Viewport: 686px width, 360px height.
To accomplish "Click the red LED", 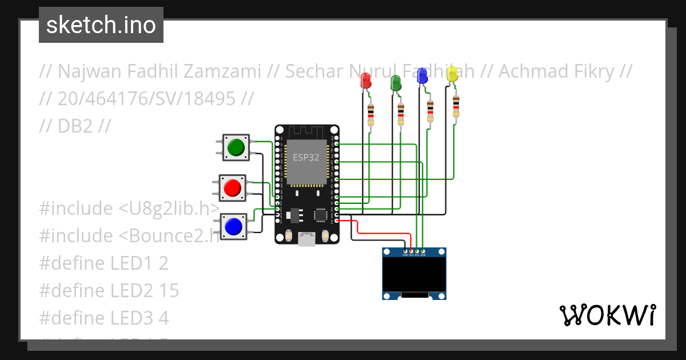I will pos(365,81).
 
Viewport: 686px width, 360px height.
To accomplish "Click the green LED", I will pos(395,83).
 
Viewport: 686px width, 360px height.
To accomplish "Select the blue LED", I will pos(422,75).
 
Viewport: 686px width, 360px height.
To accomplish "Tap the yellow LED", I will pos(452,73).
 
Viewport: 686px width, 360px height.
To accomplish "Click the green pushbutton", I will pos(236,147).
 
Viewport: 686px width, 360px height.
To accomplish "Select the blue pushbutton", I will pos(233,227).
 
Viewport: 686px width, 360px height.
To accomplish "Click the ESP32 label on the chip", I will pos(306,158).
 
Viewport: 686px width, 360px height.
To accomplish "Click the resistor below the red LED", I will pos(371,114).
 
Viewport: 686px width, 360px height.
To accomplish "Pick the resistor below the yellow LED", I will pos(456,107).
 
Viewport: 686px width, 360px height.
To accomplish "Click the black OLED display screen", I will pos(414,273).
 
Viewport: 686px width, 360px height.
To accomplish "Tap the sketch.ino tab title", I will pos(101,25).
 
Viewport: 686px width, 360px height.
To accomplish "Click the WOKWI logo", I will pos(607,315).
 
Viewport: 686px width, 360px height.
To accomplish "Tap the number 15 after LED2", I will pos(169,290).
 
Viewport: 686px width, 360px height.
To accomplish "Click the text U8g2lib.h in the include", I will pos(168,209).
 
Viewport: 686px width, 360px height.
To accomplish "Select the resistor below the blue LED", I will pos(430,110).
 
